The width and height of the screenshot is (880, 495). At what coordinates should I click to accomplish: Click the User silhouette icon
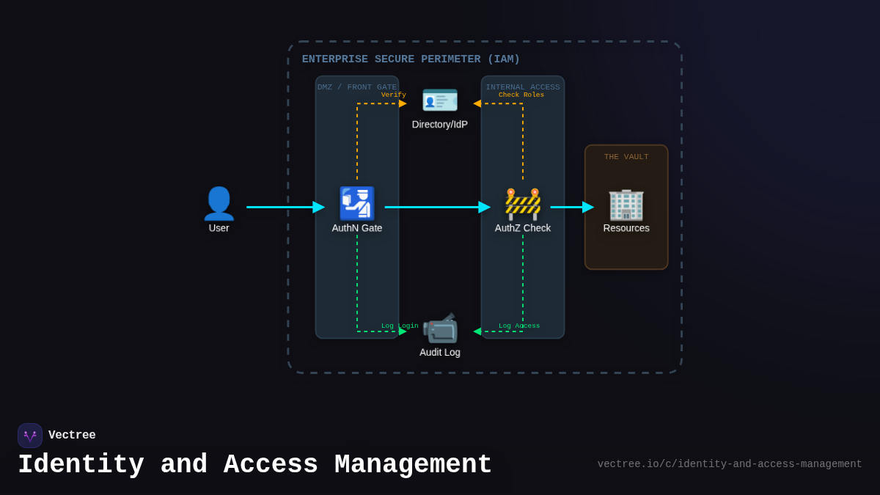(219, 203)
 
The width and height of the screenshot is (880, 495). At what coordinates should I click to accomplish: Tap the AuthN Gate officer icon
(357, 203)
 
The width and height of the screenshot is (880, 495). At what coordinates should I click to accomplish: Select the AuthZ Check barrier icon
(523, 204)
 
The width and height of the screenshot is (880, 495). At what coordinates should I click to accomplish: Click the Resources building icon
(626, 204)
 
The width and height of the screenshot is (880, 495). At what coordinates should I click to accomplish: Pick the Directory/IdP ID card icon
(440, 100)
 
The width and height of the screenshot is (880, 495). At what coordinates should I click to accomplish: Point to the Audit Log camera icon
(440, 328)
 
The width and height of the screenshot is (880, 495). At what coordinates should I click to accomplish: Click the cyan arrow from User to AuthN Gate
(285, 207)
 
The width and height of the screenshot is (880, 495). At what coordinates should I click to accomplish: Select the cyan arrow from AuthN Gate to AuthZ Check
(437, 207)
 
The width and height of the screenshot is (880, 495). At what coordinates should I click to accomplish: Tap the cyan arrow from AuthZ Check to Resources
(571, 207)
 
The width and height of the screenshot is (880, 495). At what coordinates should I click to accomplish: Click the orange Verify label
(393, 95)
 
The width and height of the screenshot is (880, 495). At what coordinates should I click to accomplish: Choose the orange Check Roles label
(521, 95)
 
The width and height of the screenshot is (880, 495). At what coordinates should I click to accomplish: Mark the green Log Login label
(400, 326)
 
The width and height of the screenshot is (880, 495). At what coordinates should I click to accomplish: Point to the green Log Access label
(519, 326)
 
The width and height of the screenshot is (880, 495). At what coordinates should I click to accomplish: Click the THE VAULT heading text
(626, 157)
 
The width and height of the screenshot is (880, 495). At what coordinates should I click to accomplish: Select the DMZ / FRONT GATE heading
(357, 87)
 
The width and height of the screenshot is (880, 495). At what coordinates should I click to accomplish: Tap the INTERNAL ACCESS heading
(523, 87)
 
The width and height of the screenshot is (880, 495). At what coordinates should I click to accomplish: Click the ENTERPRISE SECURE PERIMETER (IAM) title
(411, 59)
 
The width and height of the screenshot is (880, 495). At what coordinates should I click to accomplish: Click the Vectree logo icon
(30, 436)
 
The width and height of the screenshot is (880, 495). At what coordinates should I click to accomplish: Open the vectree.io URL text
(729, 464)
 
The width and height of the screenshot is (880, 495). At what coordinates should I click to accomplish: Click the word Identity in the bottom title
(81, 465)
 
